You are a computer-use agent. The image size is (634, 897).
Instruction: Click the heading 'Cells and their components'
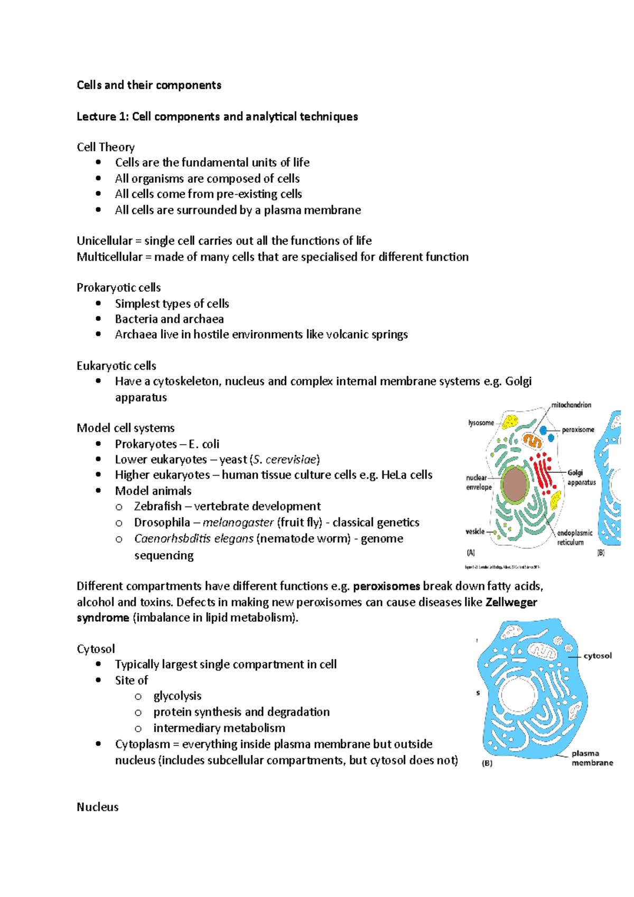point(148,85)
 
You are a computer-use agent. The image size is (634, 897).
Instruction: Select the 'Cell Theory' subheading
point(106,147)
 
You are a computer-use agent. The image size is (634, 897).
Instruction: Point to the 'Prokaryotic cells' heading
point(118,287)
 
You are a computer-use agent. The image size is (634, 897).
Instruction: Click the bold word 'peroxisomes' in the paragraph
point(386,586)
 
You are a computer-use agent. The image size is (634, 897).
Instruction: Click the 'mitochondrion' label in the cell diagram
point(571,405)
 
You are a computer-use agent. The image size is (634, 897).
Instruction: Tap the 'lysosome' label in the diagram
point(481,423)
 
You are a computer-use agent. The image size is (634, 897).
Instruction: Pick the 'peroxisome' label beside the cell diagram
point(578,429)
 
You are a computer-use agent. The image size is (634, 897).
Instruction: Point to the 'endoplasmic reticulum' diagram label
point(574,537)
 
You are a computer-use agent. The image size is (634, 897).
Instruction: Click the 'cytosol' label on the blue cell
point(598,656)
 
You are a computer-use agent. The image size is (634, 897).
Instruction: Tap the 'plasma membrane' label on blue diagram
point(591,758)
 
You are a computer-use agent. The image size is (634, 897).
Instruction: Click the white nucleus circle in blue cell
point(518,697)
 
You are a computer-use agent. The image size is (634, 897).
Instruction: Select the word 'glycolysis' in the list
point(178,696)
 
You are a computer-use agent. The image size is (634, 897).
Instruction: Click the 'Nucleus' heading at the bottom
point(98,807)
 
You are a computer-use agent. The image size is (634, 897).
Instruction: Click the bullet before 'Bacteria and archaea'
point(98,319)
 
